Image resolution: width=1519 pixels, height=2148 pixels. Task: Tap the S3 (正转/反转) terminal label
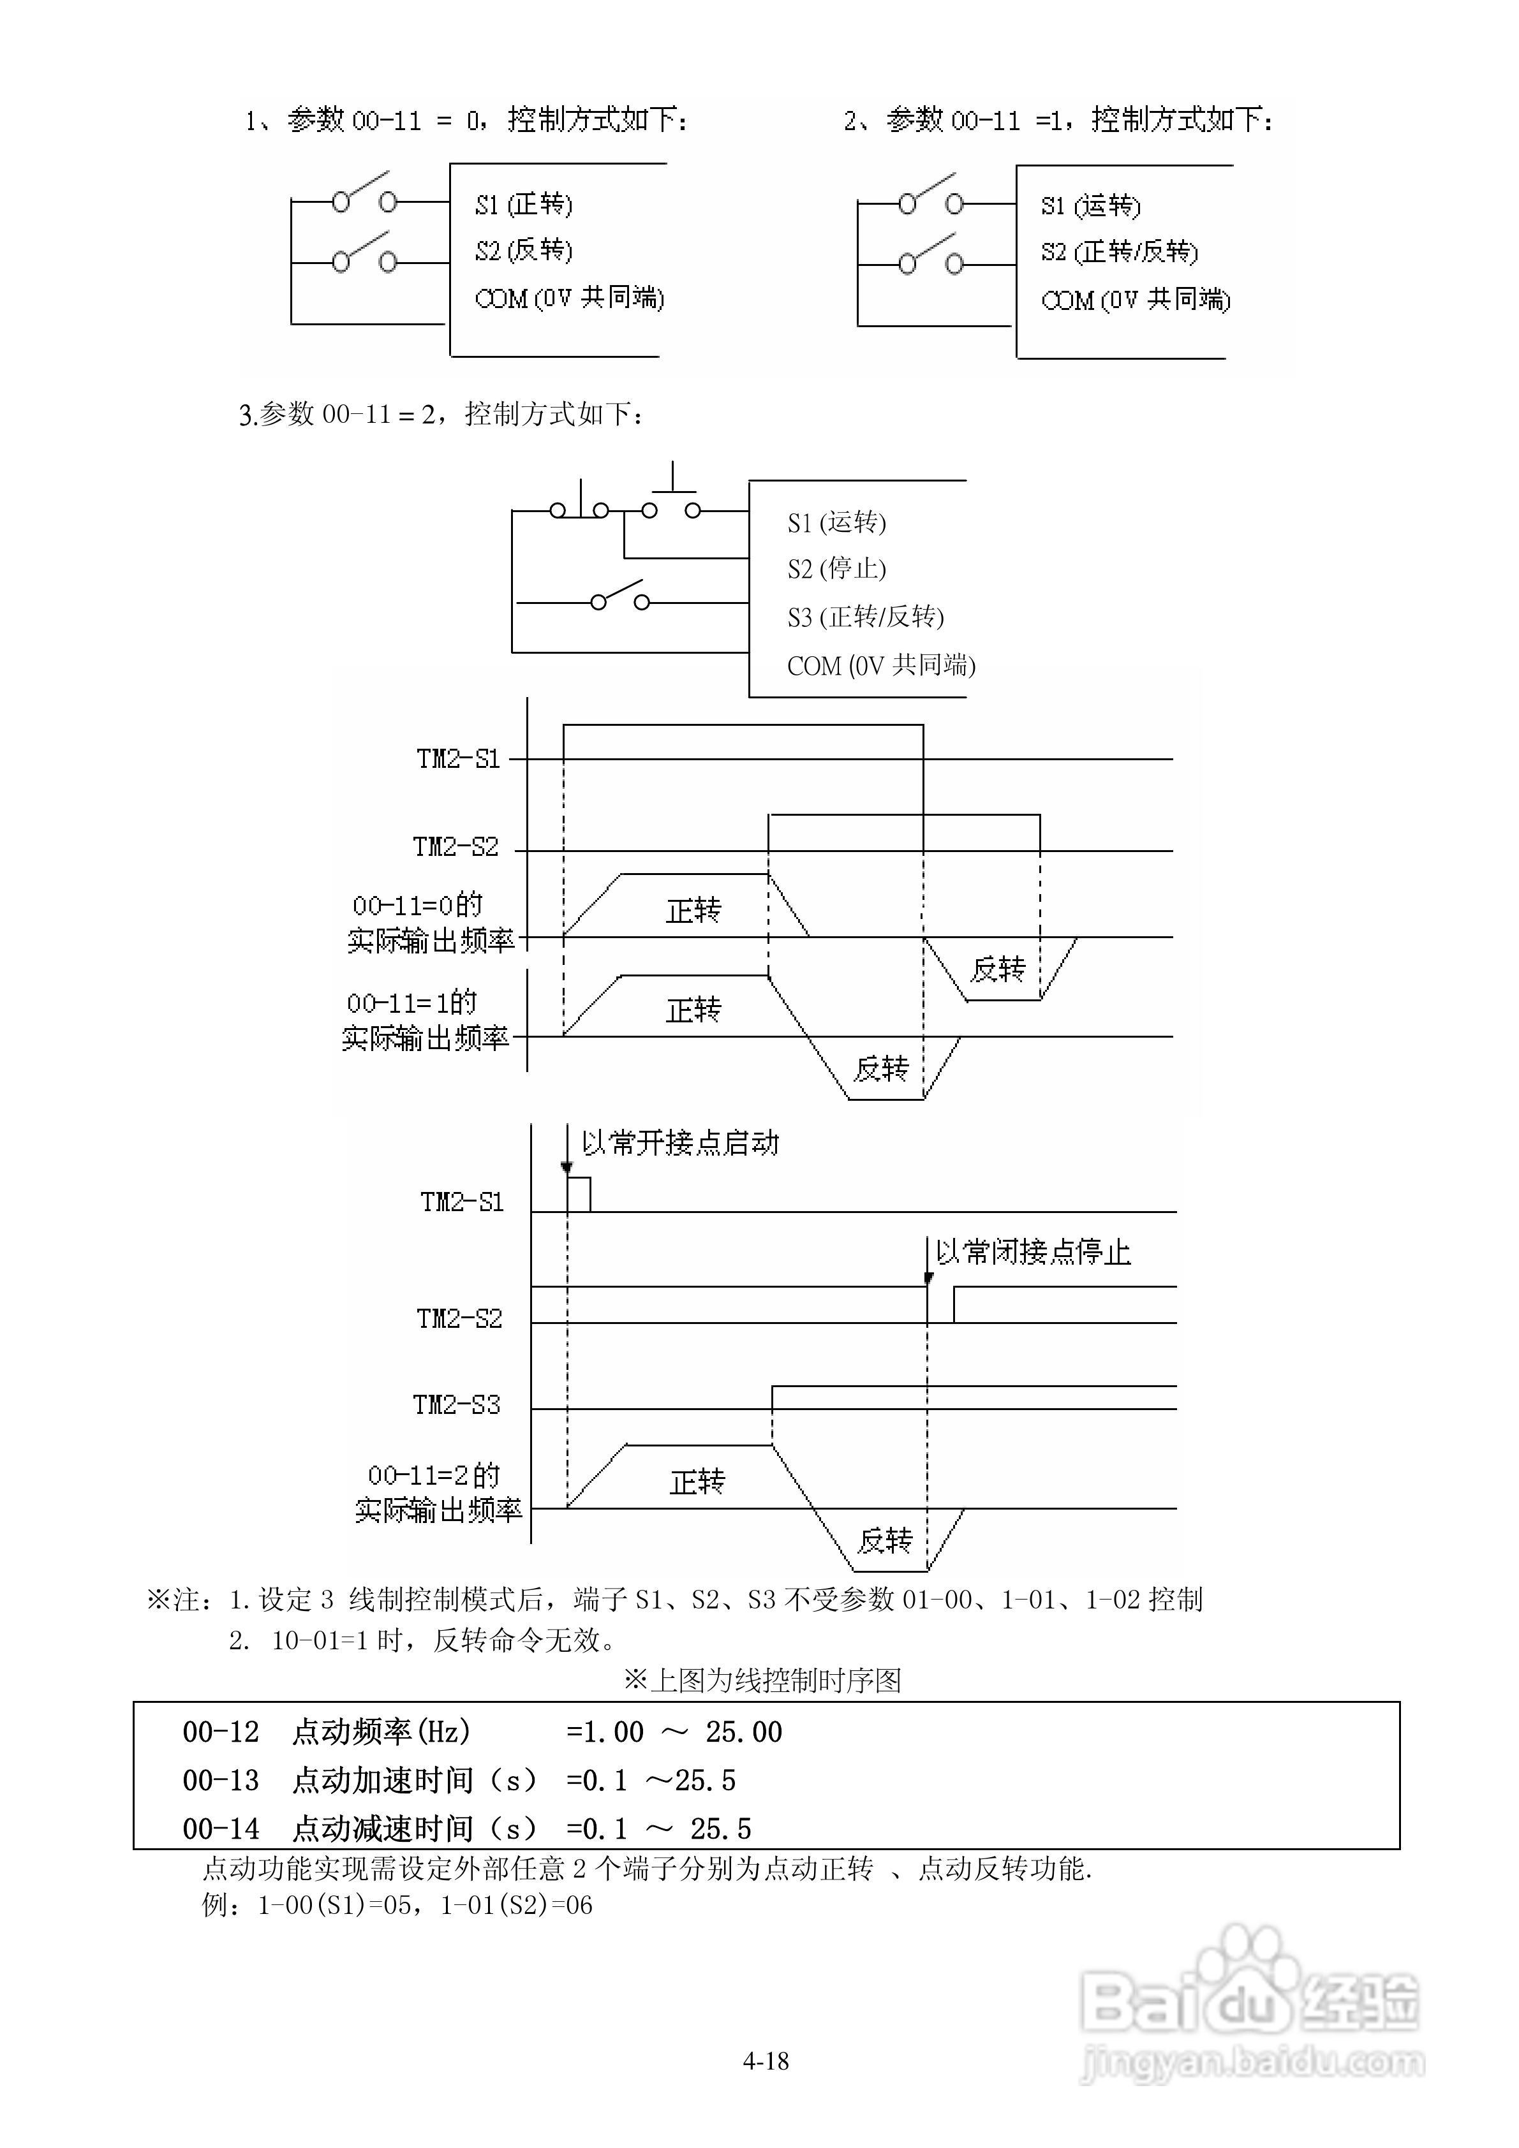[x=865, y=617]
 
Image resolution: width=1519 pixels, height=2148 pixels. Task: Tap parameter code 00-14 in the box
[x=221, y=1829]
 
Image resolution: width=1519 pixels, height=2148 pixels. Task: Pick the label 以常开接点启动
[x=679, y=1144]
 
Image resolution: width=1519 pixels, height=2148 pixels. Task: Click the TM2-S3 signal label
[x=457, y=1404]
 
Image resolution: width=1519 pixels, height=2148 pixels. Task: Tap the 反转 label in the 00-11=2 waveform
[x=884, y=1541]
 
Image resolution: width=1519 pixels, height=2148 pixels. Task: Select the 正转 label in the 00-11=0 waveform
[x=693, y=910]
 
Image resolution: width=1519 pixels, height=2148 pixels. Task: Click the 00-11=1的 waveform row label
[x=411, y=1004]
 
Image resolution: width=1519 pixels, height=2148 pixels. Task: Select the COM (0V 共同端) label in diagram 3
[x=880, y=666]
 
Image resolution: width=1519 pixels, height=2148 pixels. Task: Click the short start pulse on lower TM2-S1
[x=579, y=1195]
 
